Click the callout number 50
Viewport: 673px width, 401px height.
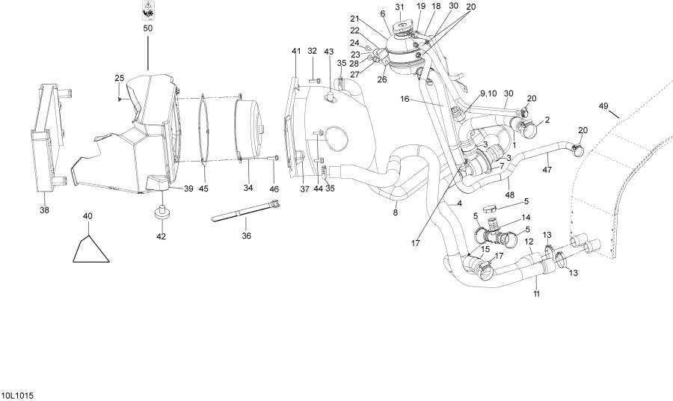pos(147,28)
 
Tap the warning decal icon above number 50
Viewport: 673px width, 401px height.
pos(147,10)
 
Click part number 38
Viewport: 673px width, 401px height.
pos(44,210)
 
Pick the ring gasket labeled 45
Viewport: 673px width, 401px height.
pos(203,128)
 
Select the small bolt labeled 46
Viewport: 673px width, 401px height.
pos(272,157)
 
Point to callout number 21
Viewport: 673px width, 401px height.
pos(354,18)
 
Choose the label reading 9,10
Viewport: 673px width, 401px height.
pos(488,93)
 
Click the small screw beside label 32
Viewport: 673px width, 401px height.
pos(316,80)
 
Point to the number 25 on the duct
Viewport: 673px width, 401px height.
pos(119,78)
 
